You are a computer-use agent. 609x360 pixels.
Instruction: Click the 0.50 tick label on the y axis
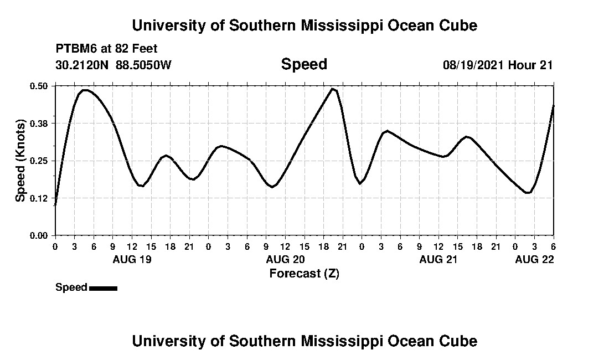(x=39, y=86)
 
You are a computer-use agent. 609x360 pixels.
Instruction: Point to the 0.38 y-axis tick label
(x=39, y=123)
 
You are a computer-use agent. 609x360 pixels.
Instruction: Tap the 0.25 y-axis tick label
(x=39, y=161)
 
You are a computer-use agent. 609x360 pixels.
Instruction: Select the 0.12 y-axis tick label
(x=39, y=198)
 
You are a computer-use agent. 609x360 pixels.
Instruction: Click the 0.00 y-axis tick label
(x=39, y=235)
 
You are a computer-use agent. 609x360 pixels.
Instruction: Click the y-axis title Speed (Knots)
(x=20, y=161)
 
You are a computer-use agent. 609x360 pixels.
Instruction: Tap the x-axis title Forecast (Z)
(x=304, y=274)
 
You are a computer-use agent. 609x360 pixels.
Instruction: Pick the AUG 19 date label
(x=132, y=259)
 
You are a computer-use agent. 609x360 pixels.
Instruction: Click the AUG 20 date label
(x=285, y=259)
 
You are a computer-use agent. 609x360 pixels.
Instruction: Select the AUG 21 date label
(x=438, y=259)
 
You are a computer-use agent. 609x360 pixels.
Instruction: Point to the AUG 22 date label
(x=534, y=259)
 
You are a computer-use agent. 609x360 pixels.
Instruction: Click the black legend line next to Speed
(x=103, y=288)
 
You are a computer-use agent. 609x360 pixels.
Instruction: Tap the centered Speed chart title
(x=304, y=64)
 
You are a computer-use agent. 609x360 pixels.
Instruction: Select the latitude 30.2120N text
(x=83, y=65)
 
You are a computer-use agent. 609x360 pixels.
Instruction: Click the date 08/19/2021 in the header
(x=473, y=65)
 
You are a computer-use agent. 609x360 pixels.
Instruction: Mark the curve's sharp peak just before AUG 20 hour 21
(x=333, y=89)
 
